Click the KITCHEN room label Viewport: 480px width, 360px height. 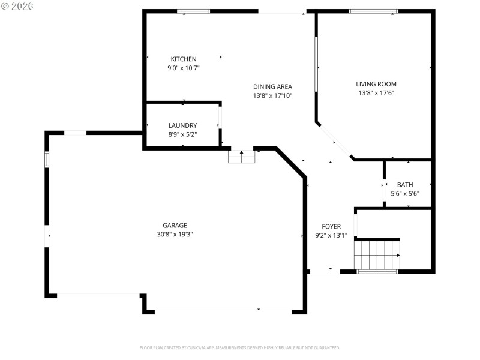184,59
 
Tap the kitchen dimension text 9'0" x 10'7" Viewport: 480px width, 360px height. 184,68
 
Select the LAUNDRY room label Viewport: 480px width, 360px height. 183,125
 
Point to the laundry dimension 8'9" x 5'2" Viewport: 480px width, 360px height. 183,135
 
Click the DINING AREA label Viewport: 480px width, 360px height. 272,86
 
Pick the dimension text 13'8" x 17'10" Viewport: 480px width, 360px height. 272,95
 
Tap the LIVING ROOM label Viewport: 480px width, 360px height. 376,84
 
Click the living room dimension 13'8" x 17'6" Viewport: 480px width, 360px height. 376,93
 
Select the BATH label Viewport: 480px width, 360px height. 405,185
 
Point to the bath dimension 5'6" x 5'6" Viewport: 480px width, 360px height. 405,194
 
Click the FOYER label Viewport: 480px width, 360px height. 331,226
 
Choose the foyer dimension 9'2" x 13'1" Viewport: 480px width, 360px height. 331,236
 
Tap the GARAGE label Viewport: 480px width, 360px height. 175,226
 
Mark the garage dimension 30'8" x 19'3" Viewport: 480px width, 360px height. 175,235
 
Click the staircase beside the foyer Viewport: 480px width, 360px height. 377,255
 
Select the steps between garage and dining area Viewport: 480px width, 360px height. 242,157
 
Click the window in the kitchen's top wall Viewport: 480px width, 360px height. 193,11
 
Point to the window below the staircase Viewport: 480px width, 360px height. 377,272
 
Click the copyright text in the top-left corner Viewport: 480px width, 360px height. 17,5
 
